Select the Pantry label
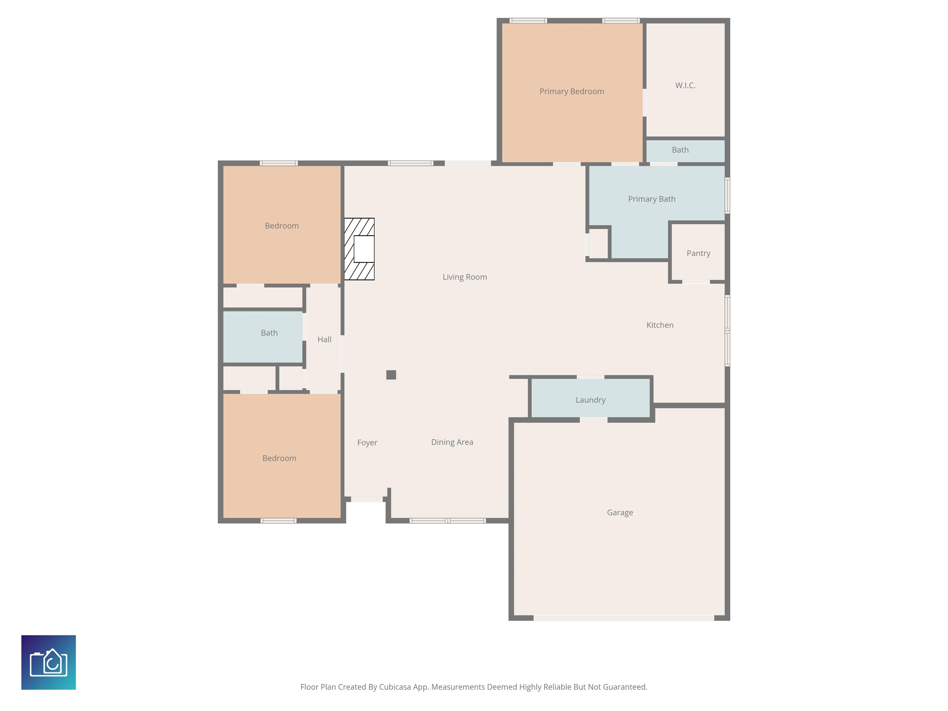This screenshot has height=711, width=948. click(x=698, y=253)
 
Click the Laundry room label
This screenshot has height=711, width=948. click(x=590, y=400)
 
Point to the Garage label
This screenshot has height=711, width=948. click(x=620, y=513)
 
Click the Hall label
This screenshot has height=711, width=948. click(x=324, y=339)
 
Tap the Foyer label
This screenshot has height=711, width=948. click(x=367, y=443)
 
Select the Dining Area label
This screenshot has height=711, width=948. click(x=452, y=442)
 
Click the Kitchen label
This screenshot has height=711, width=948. click(x=659, y=325)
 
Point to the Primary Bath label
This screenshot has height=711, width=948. click(x=651, y=199)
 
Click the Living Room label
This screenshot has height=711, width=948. click(x=464, y=277)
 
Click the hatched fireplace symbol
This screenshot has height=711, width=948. click(x=359, y=249)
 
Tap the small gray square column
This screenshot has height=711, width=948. click(x=391, y=375)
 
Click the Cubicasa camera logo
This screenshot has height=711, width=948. click(x=48, y=662)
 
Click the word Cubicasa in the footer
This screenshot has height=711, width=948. click(x=394, y=687)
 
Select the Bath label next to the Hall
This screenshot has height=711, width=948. click(x=269, y=333)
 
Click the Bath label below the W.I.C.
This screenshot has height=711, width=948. click(x=680, y=150)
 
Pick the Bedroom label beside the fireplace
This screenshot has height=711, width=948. click(x=281, y=226)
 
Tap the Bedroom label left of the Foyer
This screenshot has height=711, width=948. click(x=279, y=459)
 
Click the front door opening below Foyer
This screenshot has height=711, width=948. click(x=367, y=499)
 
